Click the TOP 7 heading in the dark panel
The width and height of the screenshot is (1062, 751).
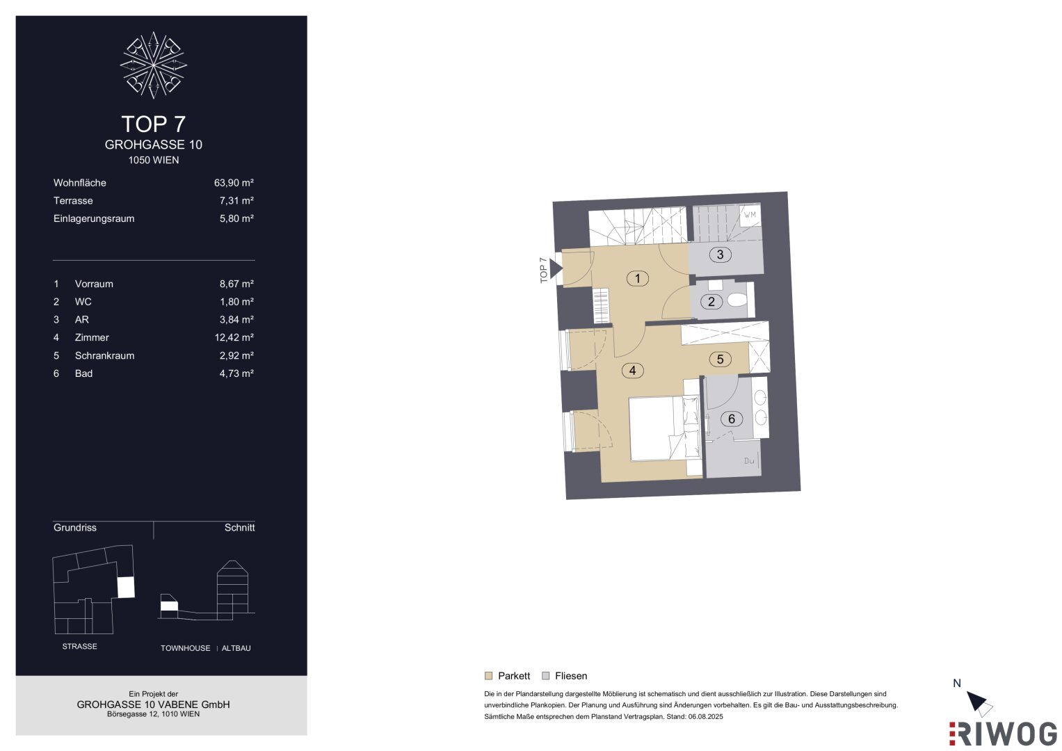[153, 124]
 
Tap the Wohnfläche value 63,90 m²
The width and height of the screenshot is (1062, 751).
[234, 182]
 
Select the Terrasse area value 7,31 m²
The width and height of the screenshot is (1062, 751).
[236, 200]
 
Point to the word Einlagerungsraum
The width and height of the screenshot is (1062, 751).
[94, 218]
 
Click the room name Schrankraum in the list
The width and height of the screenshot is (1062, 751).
[104, 355]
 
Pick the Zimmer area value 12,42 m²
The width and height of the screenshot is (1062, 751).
[234, 337]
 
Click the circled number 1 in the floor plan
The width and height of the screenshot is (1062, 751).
[637, 278]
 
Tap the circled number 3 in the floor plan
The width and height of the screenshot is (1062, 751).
[720, 255]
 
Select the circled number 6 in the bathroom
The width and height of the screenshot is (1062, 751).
[731, 419]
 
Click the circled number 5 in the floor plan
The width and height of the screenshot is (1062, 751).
[720, 360]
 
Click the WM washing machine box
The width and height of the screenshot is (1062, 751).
[750, 216]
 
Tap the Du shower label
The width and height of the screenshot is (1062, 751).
[748, 460]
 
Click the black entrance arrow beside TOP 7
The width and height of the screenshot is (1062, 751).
[556, 269]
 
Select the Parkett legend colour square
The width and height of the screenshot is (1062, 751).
[488, 676]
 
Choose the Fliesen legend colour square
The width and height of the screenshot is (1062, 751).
[546, 676]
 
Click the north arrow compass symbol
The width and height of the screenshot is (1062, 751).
[979, 704]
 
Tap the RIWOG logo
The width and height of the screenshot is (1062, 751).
[1003, 734]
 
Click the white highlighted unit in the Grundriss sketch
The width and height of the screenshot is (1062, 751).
[126, 587]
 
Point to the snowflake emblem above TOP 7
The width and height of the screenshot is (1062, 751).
[153, 65]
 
